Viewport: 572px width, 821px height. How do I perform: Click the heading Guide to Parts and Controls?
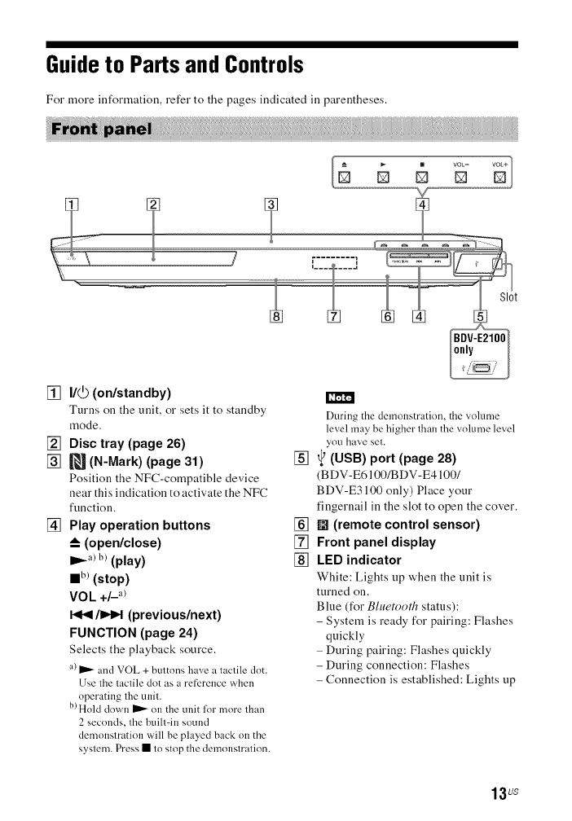click(x=176, y=64)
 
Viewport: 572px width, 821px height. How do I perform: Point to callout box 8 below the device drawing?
click(x=276, y=315)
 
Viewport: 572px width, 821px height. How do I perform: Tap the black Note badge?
click(x=338, y=398)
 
